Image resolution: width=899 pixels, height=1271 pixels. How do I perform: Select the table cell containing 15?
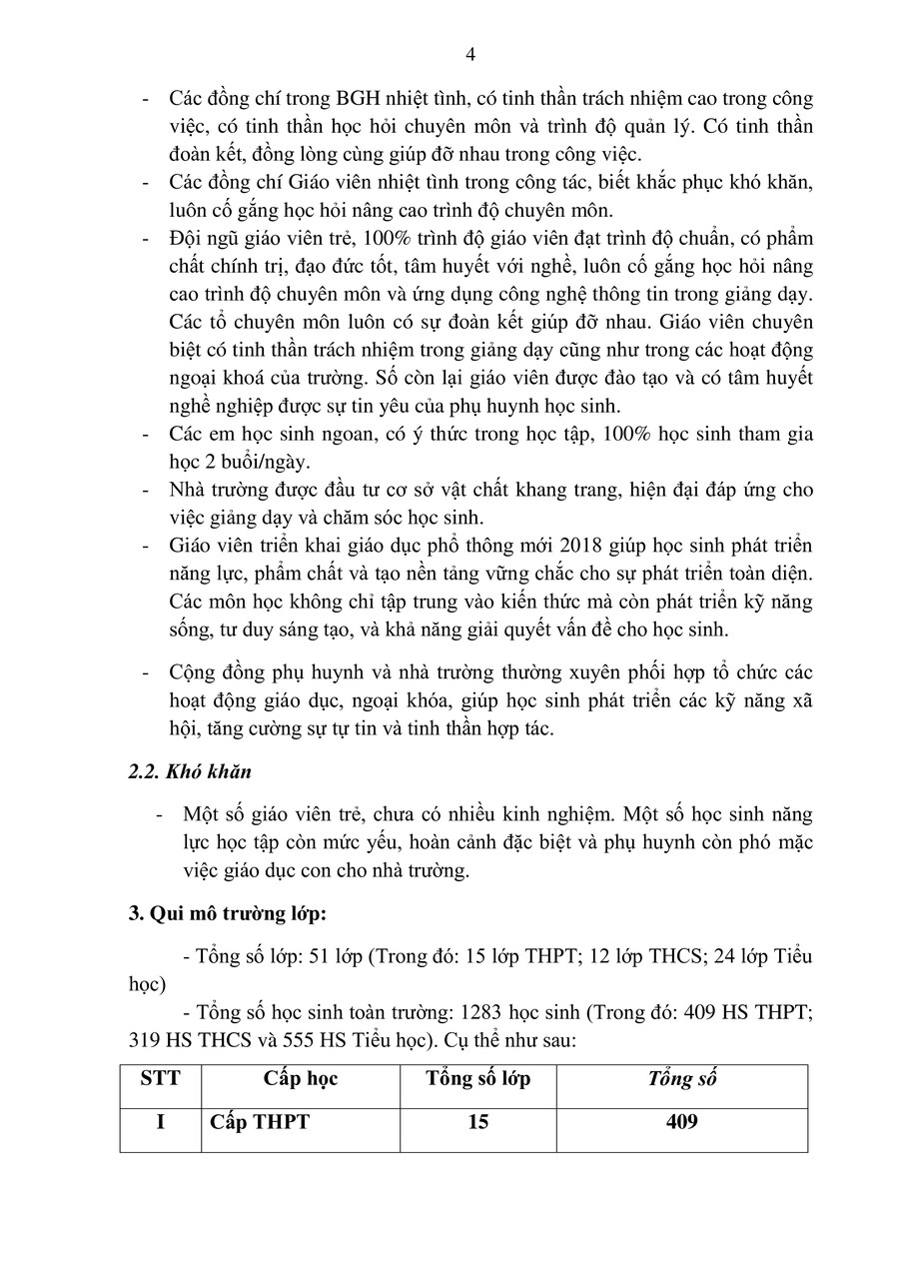coord(478,1122)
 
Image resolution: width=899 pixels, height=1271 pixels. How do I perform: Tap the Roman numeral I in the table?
coord(160,1122)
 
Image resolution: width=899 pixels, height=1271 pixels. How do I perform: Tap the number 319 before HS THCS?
coord(150,1038)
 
